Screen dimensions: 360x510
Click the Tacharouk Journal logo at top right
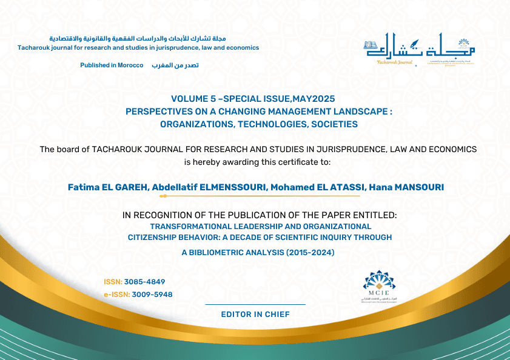coord(420,48)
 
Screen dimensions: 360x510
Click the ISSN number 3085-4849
coord(145,282)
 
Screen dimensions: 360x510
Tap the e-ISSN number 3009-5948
coord(149,295)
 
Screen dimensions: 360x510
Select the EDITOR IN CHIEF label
coord(255,315)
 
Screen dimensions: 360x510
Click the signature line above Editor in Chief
coord(255,304)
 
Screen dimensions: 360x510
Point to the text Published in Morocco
coord(112,65)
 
